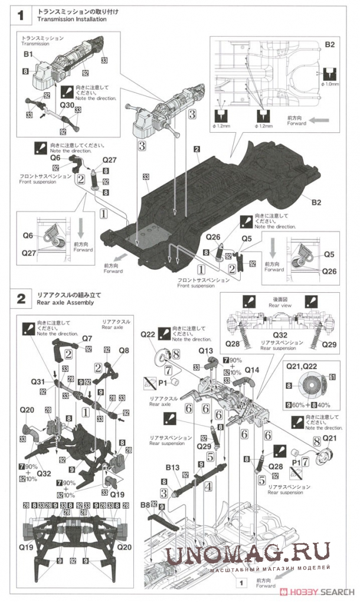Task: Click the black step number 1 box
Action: coord(21,15)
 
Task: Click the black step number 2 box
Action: coord(21,299)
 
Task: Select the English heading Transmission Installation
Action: coord(71,19)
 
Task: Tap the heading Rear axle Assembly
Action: coord(65,303)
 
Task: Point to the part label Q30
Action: coord(66,104)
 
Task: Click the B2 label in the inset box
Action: coord(330,45)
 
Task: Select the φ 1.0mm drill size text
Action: coord(330,84)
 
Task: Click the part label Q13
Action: coord(205,350)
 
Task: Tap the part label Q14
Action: coord(252,369)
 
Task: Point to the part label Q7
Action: coord(87,338)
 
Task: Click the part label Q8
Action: coord(123,349)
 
